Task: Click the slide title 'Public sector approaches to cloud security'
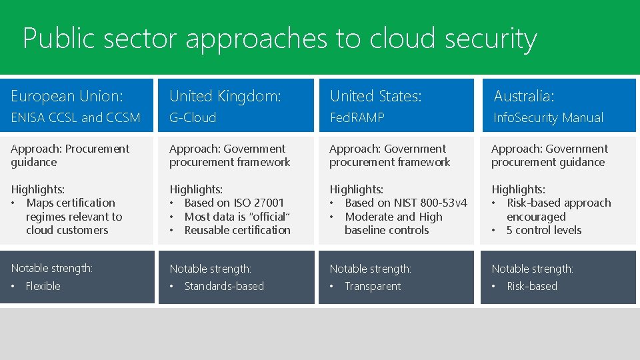279,39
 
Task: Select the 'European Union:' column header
67,96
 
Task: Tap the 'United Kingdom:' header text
225,96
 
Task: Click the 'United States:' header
376,96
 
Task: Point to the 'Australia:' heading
524,96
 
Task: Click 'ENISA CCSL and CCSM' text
75,118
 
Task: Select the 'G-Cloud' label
193,118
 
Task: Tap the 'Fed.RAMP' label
357,118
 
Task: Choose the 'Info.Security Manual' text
548,118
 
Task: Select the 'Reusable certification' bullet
237,230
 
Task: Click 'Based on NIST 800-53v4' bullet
406,203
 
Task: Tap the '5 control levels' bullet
544,230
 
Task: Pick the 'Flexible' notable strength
43,286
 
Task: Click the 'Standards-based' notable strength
224,286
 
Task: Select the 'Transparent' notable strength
373,286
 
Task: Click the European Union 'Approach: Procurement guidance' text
70,155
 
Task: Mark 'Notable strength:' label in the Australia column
532,269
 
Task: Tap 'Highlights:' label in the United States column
356,189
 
